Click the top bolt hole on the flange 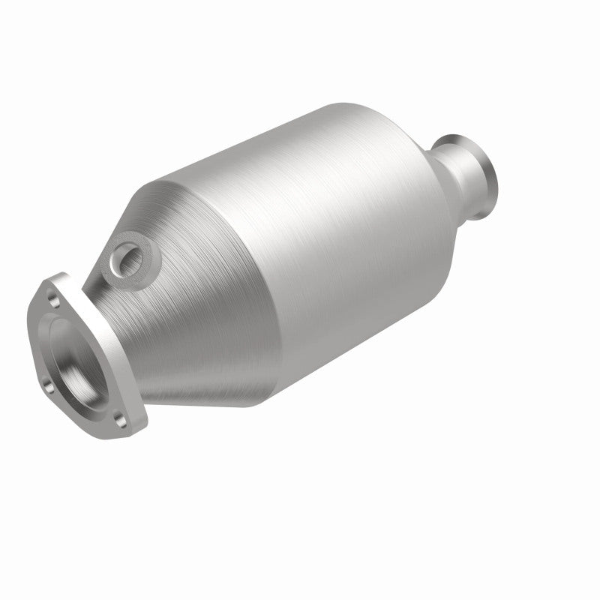[52, 299]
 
